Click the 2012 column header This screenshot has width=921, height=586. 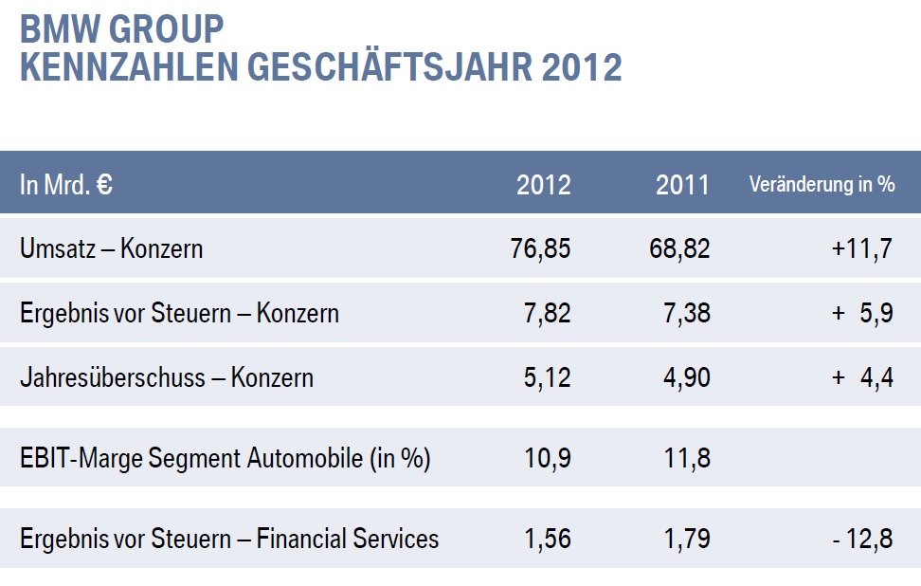(544, 185)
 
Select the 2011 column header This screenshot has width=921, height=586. (682, 185)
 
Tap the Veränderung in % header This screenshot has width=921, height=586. (822, 185)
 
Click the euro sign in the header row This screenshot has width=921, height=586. (104, 184)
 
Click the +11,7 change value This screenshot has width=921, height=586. (862, 249)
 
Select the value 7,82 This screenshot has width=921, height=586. (548, 314)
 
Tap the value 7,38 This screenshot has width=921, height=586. (686, 314)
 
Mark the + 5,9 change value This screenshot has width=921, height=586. (862, 314)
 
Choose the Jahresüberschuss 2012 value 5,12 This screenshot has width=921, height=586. (548, 378)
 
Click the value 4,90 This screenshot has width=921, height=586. (686, 378)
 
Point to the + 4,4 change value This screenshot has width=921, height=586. (862, 378)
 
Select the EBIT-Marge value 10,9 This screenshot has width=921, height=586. (548, 459)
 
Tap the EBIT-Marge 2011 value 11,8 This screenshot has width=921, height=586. (686, 459)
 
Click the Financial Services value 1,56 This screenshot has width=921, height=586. (548, 540)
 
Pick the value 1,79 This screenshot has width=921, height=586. (686, 540)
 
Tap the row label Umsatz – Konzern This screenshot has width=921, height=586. (111, 249)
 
